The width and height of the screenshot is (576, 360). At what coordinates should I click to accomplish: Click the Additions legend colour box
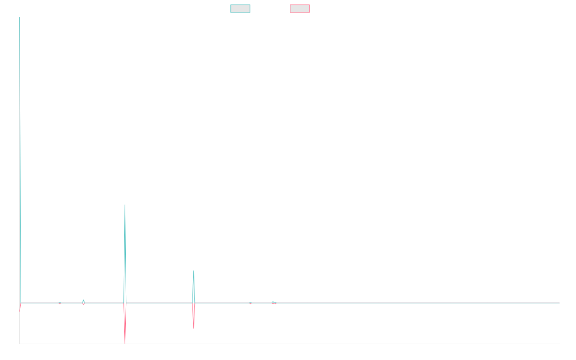point(240,9)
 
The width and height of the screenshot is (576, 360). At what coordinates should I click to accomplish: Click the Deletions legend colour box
point(300,9)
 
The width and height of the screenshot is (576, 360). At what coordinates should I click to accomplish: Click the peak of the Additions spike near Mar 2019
point(125,205)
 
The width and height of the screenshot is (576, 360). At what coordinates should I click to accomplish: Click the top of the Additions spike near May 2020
point(193,271)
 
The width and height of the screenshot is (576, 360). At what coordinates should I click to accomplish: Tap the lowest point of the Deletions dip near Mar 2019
point(125,343)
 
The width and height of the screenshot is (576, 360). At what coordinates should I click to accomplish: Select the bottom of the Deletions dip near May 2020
point(193,328)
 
